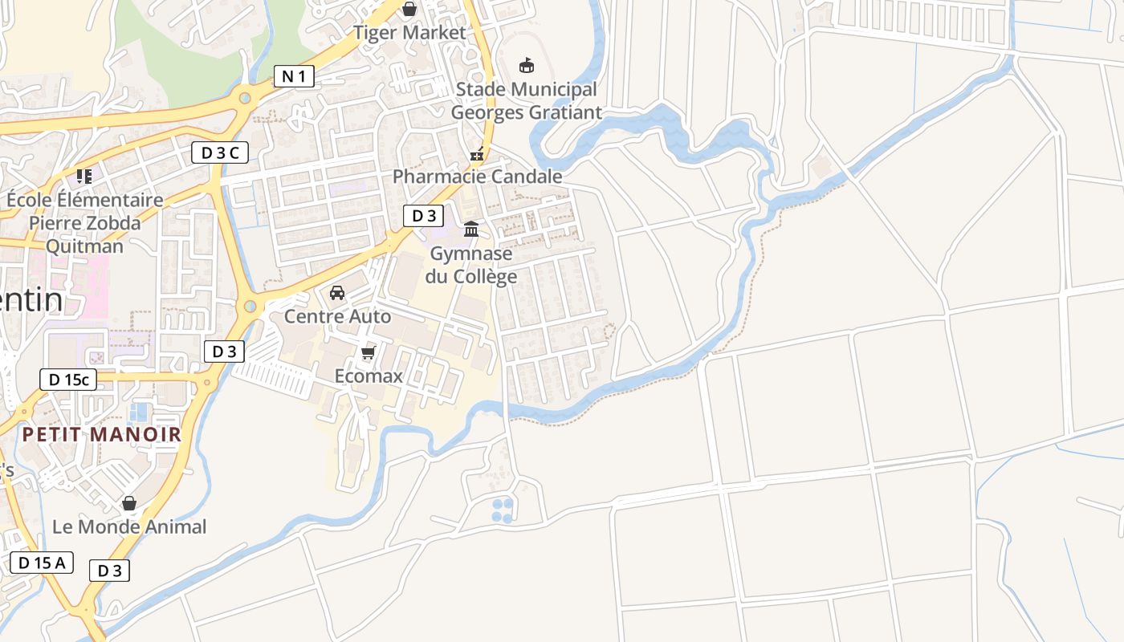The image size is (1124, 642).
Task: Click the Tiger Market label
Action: pos(409,33)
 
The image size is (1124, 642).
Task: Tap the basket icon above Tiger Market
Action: pos(409,9)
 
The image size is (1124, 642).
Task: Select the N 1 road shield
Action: pos(293,76)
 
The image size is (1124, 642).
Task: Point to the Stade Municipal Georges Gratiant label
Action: pos(526,100)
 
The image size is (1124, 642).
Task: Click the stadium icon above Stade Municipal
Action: pos(527,65)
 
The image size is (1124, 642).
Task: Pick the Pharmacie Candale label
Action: pos(477,177)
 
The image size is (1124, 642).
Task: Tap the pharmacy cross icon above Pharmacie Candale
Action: pos(477,154)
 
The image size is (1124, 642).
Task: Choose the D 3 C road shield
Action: pos(219,152)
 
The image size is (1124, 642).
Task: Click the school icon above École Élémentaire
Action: pos(84,176)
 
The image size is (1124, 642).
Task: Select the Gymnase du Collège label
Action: pos(471,265)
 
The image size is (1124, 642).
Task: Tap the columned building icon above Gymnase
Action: pos(471,230)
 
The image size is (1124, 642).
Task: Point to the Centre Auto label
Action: pos(337,316)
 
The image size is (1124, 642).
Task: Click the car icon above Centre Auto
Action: pos(337,292)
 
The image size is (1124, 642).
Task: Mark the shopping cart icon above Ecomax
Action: pos(369,352)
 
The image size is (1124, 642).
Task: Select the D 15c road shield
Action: pos(68,380)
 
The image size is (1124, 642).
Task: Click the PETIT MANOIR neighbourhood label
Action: pos(101,435)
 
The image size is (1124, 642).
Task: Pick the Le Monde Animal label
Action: pos(129,527)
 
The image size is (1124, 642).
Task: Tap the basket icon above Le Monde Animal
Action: pos(129,503)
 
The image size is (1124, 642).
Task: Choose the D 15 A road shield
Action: pos(42,563)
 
